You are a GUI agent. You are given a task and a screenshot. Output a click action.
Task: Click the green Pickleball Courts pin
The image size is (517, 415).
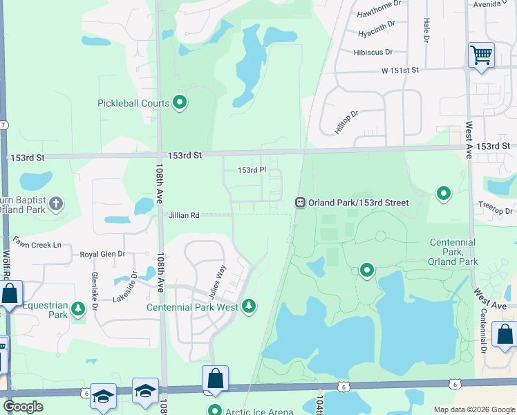(x=180, y=104)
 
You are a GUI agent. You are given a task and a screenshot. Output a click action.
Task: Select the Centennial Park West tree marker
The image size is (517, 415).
(x=249, y=306)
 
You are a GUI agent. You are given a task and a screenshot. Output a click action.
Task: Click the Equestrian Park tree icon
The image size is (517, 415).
(x=78, y=307)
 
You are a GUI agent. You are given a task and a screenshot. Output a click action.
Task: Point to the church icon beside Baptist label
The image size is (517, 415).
(x=56, y=204)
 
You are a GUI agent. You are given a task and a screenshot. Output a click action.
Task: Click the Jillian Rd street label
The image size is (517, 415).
(x=184, y=216)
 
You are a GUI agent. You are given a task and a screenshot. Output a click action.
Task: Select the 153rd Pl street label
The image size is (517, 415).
(x=252, y=170)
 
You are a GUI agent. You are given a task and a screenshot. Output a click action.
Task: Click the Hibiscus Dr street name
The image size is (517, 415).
(x=373, y=52)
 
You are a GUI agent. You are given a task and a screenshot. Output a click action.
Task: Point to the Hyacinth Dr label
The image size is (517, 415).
(x=377, y=33)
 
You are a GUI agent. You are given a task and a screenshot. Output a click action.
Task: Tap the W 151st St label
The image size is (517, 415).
(x=399, y=70)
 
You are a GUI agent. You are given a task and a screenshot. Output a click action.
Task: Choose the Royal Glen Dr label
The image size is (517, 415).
(x=102, y=254)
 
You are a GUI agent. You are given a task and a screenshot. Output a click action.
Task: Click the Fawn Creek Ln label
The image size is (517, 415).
(x=37, y=245)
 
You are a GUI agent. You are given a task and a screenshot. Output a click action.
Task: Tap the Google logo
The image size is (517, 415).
(x=23, y=407)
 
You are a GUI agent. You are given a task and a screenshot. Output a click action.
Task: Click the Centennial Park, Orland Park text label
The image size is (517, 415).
(x=453, y=252)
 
